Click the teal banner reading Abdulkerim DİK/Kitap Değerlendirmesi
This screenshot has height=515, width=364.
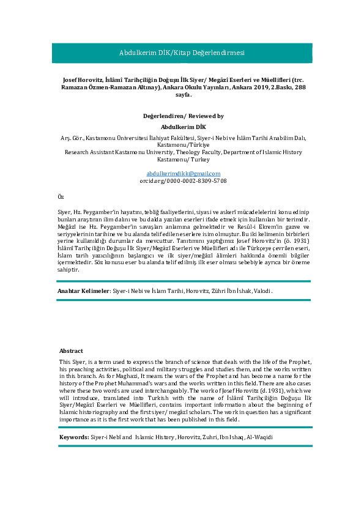pos(182,53)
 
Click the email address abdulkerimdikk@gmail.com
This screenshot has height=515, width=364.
pos(182,174)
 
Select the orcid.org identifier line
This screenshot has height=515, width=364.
pos(182,181)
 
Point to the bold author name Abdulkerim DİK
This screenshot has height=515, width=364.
pos(182,126)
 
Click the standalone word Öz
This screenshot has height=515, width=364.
pos(60,198)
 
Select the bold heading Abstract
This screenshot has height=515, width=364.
pos(71,351)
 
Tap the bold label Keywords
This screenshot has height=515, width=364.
pos(73,438)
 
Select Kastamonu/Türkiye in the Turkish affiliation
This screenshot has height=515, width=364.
pos(182,145)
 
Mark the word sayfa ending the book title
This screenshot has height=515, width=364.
pos(182,95)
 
